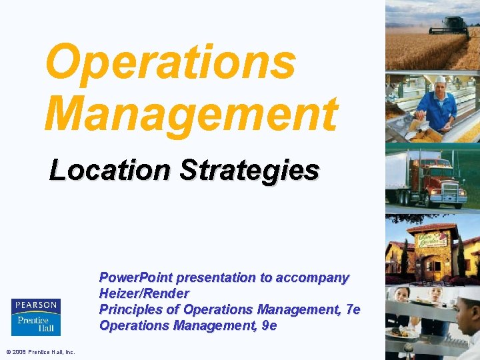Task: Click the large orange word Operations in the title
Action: (170, 61)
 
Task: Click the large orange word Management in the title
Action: (191, 113)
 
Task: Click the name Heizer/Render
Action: (144, 293)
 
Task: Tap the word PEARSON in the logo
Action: (35, 305)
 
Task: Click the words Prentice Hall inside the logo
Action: (35, 324)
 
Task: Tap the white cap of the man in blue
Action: (441, 79)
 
